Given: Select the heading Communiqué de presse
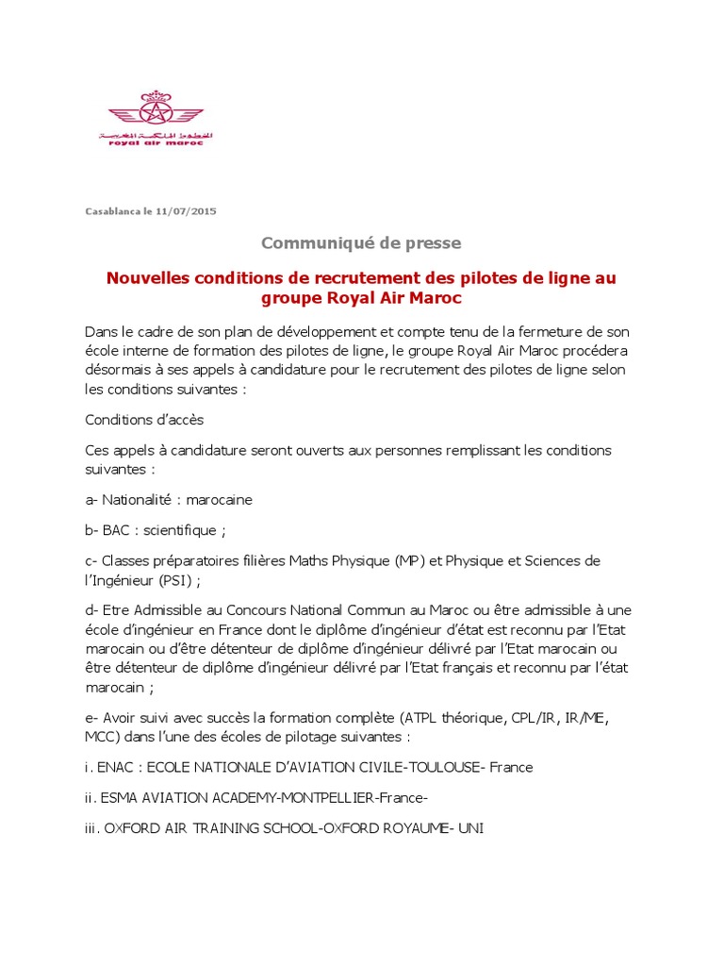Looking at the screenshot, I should [x=361, y=243].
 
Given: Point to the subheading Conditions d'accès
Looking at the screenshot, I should [x=144, y=420].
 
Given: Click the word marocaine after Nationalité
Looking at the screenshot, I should [x=220, y=500].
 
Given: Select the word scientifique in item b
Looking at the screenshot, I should [x=180, y=530].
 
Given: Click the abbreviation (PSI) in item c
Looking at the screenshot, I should [x=173, y=580].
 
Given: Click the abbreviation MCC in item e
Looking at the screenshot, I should [x=101, y=736].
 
